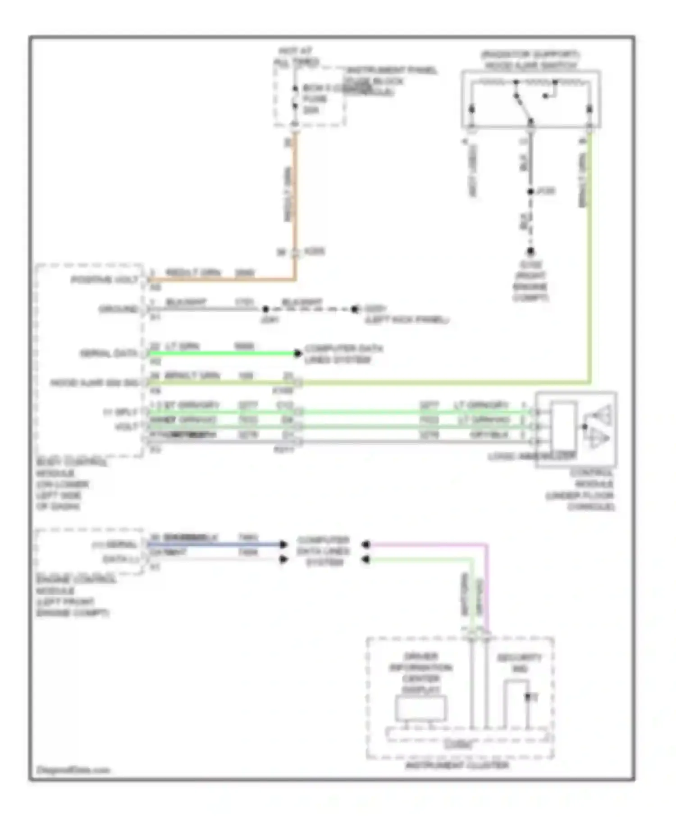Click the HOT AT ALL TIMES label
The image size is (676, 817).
[x=296, y=57]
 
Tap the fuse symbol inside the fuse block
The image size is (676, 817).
[x=295, y=97]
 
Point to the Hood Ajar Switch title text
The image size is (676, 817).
[x=530, y=60]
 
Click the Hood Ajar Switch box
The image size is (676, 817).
[x=530, y=99]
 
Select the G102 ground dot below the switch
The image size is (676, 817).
[x=530, y=251]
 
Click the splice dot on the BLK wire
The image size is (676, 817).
[x=530, y=191]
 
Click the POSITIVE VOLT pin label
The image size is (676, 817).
[x=105, y=280]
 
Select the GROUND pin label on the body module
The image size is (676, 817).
[x=118, y=309]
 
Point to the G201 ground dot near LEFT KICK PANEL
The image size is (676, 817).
[x=355, y=309]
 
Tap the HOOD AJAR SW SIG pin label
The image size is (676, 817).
[x=94, y=383]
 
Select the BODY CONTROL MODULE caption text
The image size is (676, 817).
[x=68, y=484]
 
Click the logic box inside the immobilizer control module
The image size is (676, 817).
[x=563, y=426]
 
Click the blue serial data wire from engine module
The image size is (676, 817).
[x=216, y=545]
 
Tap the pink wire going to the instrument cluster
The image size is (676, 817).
[x=486, y=586]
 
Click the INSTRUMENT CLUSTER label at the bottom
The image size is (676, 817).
[x=457, y=765]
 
